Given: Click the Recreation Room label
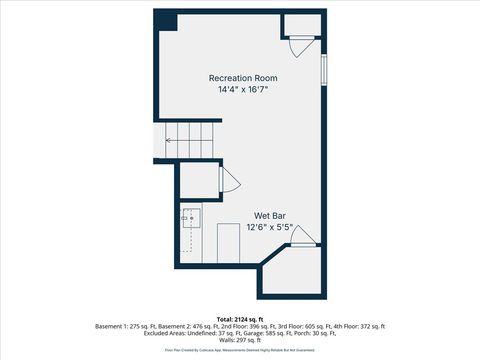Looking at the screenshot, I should pyautogui.click(x=243, y=78).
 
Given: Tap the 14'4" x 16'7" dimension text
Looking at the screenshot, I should pyautogui.click(x=243, y=90).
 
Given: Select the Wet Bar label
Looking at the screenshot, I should pyautogui.click(x=270, y=215).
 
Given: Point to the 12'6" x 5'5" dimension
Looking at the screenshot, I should pyautogui.click(x=270, y=227).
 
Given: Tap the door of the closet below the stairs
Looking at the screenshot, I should pyautogui.click(x=227, y=180).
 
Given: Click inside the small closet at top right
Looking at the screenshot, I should pyautogui.click(x=300, y=26).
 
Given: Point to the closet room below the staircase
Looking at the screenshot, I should pyautogui.click(x=200, y=180).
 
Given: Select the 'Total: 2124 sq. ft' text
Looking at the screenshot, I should pyautogui.click(x=240, y=318).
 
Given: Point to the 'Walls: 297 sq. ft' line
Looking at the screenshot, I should pyautogui.click(x=240, y=341).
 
